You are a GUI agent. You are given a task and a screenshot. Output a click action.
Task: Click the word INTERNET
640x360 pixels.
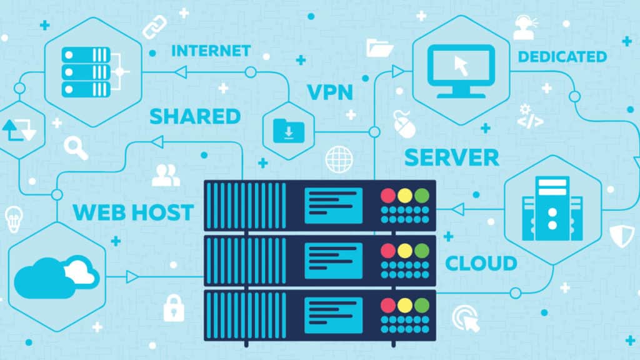(211, 51)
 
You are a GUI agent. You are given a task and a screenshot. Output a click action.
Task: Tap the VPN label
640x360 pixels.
(330, 92)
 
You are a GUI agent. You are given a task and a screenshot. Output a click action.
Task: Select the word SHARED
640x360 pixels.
(195, 116)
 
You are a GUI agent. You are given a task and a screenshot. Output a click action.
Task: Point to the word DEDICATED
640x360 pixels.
(562, 57)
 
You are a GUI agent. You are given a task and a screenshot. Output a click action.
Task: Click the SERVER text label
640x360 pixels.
(451, 157)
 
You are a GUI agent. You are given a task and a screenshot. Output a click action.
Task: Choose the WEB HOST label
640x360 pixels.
(132, 212)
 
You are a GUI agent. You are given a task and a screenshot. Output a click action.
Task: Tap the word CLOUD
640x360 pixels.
(481, 263)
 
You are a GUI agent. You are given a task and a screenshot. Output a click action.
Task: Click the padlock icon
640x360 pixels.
(174, 307)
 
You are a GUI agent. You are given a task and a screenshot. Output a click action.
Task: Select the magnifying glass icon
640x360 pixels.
(76, 148)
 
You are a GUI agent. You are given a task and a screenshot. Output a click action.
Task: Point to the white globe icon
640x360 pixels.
(339, 159)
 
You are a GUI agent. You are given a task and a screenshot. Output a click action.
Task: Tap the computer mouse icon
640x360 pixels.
(404, 124)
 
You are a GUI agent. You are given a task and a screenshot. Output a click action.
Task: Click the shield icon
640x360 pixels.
(622, 234)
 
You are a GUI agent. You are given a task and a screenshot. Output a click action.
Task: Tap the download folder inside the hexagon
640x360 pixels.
(288, 131)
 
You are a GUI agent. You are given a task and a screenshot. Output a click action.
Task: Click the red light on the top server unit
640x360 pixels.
(388, 196)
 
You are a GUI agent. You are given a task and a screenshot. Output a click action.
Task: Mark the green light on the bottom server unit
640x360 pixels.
(422, 305)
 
